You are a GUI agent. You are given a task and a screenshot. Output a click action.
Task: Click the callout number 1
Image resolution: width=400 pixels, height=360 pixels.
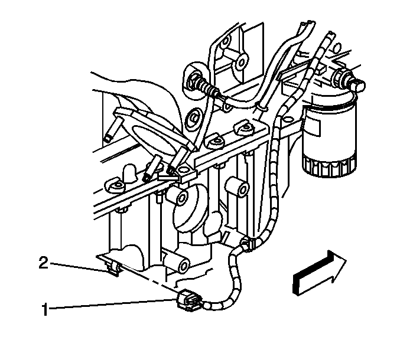pos(45,309)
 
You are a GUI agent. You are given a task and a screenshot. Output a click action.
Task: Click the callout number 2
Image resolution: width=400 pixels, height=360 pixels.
pos(44,263)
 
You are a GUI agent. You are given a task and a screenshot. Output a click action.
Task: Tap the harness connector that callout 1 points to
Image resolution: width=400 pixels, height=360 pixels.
pos(189,302)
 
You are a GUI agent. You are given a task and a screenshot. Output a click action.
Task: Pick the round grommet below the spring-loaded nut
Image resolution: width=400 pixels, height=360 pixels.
pos(194,119)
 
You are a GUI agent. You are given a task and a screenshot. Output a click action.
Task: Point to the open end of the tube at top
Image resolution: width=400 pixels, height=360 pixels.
pos(308,23)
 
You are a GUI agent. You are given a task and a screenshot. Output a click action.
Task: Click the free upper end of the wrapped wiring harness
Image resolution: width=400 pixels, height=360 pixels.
pos(330,34)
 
